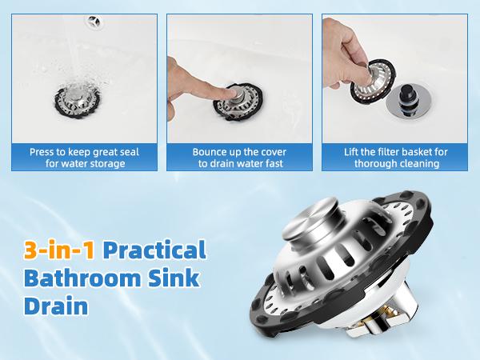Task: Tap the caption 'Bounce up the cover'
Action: click(x=240, y=151)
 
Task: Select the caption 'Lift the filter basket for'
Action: click(x=394, y=151)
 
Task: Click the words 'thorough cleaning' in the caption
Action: click(x=394, y=163)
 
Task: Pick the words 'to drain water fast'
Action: click(x=240, y=163)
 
